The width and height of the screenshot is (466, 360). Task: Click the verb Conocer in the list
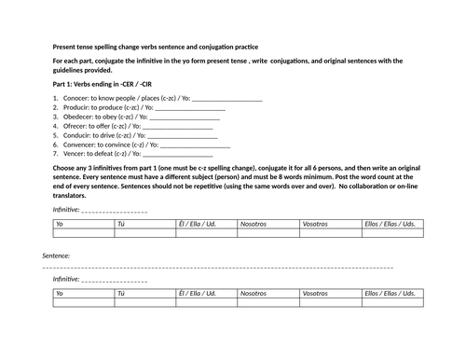pos(79,98)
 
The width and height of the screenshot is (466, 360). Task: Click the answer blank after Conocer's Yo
pos(225,99)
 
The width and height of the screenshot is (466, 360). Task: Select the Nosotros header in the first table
pos(254,224)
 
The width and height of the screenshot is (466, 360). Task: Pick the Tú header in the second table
pos(120,292)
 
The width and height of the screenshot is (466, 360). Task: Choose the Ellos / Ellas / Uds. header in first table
pos(389,224)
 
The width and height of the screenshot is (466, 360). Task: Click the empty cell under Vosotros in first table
pos(329,233)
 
